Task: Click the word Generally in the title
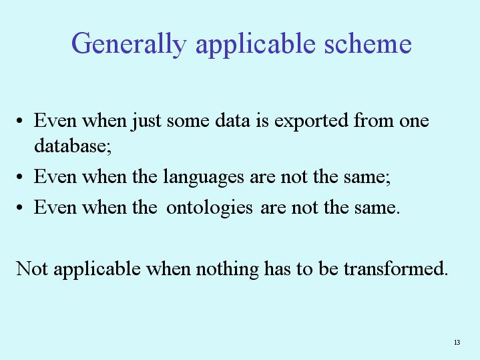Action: point(129,45)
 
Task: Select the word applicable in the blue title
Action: point(256,45)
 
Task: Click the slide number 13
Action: point(457,342)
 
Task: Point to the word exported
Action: point(311,121)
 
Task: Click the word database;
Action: point(73,145)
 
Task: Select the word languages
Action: point(203,178)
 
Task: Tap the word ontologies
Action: point(210,208)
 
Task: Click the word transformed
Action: point(396,268)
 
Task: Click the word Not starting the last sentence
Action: point(31,268)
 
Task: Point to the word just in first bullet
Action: point(147,121)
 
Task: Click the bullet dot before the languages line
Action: point(19,177)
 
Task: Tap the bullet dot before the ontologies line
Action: point(19,208)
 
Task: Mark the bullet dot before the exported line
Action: point(19,120)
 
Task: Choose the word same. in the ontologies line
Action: point(377,208)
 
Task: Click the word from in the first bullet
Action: point(373,120)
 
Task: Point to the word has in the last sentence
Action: point(277,268)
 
